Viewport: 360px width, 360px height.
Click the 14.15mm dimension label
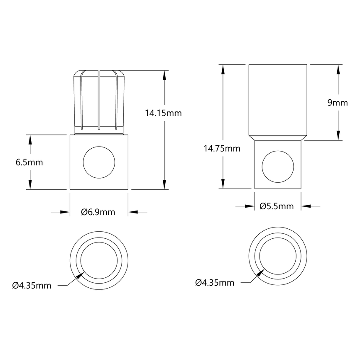pyautogui.click(x=163, y=113)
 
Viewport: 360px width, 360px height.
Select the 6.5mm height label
pyautogui.click(x=29, y=162)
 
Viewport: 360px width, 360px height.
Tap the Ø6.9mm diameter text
pyautogui.click(x=98, y=212)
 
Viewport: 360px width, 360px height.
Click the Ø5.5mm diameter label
pyautogui.click(x=276, y=206)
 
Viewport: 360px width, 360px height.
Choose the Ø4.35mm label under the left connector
pyautogui.click(x=32, y=285)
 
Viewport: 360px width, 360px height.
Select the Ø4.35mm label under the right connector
pyautogui.click(x=214, y=283)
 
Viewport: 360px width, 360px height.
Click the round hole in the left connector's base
pyautogui.click(x=99, y=162)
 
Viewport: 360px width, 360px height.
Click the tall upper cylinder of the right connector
pyautogui.click(x=278, y=100)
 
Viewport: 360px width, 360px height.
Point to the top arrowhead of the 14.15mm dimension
pyautogui.click(x=165, y=75)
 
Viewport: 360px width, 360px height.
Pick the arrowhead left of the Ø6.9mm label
pyautogui.click(x=65, y=212)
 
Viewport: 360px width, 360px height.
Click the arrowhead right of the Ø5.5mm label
pyautogui.click(x=305, y=206)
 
